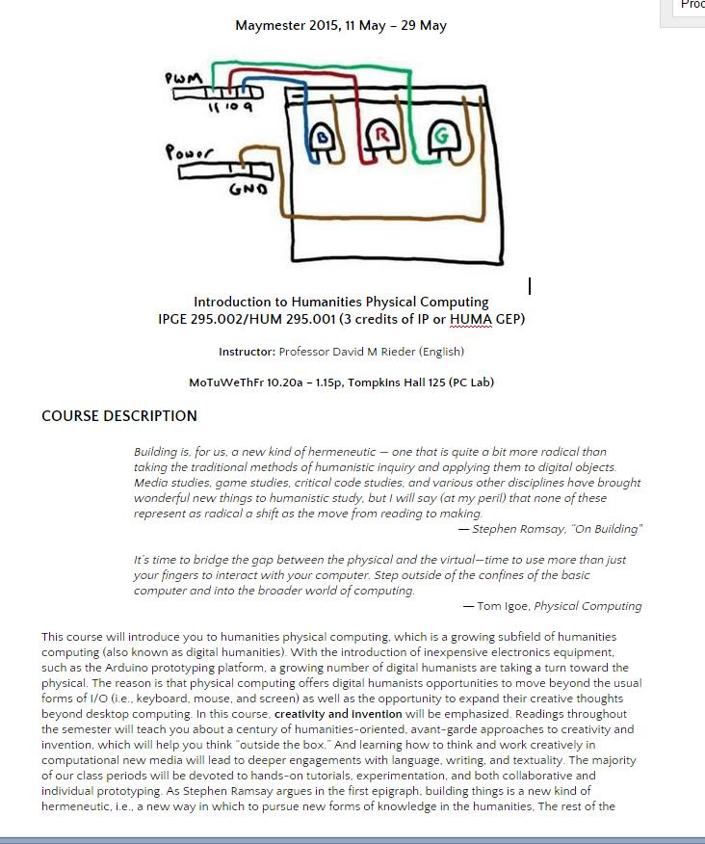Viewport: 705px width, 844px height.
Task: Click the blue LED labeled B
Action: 325,141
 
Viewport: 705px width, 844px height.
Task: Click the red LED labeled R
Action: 381,136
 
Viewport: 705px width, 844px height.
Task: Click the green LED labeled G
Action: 441,137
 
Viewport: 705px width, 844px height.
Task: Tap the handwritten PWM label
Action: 184,77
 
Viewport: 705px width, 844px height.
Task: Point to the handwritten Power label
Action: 189,152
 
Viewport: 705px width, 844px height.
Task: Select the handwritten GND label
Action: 248,189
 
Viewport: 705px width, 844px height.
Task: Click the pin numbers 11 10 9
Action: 230,107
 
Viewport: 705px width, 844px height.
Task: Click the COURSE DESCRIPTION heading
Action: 119,416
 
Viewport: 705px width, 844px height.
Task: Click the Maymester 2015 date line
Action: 341,25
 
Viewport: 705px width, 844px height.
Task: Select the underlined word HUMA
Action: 470,319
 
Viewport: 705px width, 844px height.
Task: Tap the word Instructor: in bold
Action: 247,352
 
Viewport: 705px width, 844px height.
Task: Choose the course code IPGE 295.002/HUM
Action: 223,319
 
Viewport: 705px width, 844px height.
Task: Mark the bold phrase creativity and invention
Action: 338,714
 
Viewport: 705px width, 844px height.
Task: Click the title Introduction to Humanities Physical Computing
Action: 341,302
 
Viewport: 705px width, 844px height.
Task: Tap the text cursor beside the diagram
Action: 530,286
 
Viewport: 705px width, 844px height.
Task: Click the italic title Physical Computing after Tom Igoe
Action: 587,606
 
